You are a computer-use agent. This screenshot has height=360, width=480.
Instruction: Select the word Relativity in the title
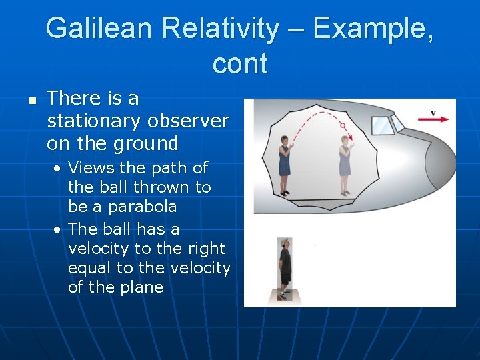[229, 29]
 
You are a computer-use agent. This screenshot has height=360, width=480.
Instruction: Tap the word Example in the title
[371, 29]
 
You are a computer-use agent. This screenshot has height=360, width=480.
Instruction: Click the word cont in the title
[240, 63]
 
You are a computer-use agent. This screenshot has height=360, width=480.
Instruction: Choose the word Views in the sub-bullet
[88, 167]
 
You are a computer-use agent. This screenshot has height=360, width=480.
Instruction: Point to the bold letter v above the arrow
[433, 113]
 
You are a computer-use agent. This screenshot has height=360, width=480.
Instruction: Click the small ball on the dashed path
[342, 125]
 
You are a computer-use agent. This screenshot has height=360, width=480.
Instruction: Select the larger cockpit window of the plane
[381, 125]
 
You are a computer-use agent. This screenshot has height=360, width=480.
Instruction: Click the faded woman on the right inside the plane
[345, 165]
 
